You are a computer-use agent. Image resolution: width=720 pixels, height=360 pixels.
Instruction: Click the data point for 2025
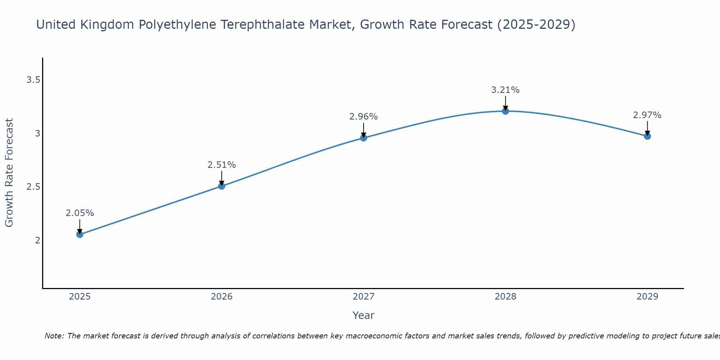click(80, 234)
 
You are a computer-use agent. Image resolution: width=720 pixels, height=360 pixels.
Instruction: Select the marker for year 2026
click(222, 186)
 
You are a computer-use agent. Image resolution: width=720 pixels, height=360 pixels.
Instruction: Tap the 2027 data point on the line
click(364, 138)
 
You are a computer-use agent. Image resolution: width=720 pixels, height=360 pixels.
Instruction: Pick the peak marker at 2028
click(505, 111)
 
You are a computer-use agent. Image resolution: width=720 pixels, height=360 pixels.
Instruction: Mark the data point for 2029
click(647, 136)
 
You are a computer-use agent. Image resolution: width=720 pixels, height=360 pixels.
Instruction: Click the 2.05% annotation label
click(80, 213)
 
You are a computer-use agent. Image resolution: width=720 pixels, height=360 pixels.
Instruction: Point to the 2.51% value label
click(222, 165)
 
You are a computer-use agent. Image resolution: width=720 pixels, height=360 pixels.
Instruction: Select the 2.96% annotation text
click(364, 117)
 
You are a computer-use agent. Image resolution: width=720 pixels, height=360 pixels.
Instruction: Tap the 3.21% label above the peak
click(505, 90)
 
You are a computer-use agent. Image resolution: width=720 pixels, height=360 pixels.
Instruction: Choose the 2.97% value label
click(647, 115)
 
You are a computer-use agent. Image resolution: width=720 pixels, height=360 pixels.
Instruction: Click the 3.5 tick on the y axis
click(33, 80)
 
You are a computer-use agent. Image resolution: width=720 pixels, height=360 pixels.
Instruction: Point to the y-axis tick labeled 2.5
click(33, 187)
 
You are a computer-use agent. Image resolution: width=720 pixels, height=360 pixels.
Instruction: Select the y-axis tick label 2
click(37, 240)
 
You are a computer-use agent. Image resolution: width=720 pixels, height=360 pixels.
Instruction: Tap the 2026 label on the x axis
click(222, 297)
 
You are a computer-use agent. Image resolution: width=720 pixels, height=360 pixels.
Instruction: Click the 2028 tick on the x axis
click(505, 297)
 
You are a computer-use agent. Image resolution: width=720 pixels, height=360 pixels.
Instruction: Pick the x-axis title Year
click(364, 315)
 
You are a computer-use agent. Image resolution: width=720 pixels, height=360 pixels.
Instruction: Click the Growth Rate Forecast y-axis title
click(9, 173)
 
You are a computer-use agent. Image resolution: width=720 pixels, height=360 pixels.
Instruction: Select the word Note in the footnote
click(54, 336)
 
